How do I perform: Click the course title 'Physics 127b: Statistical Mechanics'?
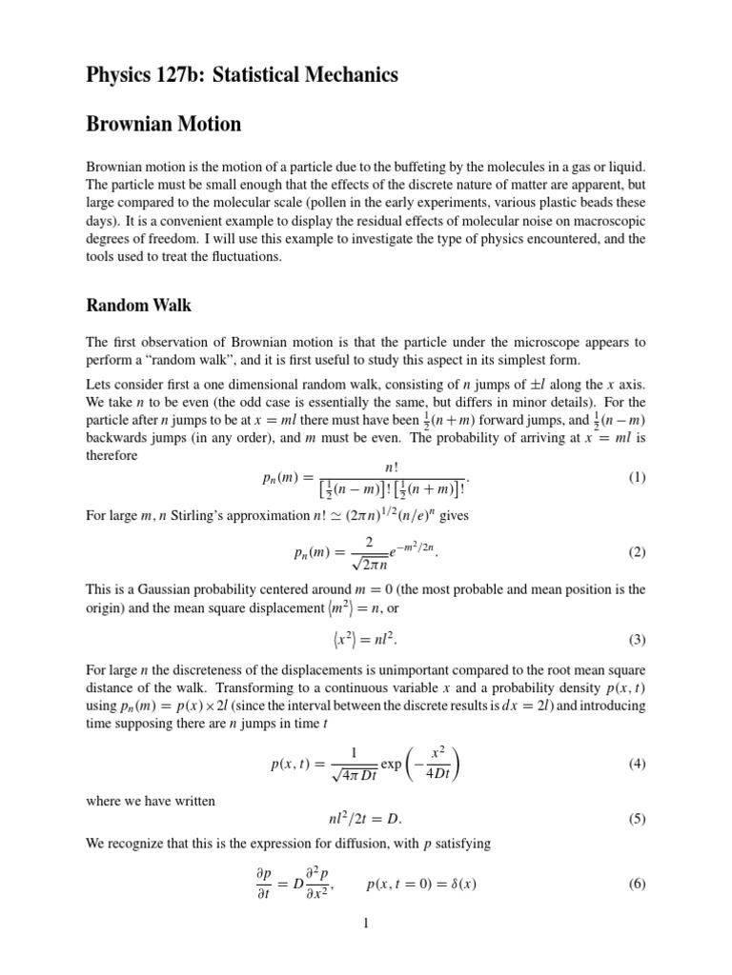[x=242, y=73]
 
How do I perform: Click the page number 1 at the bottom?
[x=366, y=923]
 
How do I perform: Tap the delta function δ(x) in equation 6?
[x=462, y=884]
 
